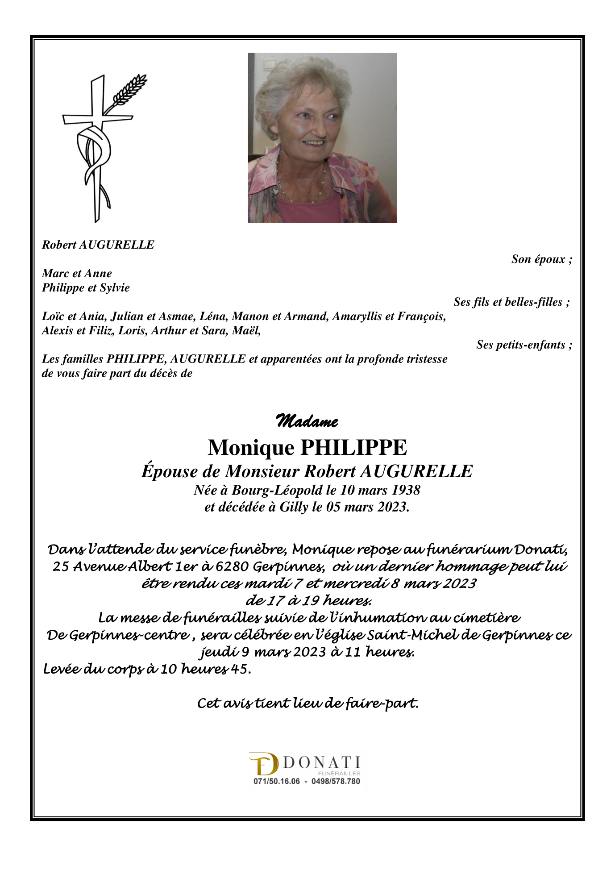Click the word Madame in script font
(307, 421)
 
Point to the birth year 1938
(406, 490)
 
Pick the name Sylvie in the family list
(115, 287)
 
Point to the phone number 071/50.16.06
(277, 781)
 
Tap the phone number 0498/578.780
(336, 781)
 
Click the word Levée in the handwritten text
(63, 669)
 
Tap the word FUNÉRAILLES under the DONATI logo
(339, 773)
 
